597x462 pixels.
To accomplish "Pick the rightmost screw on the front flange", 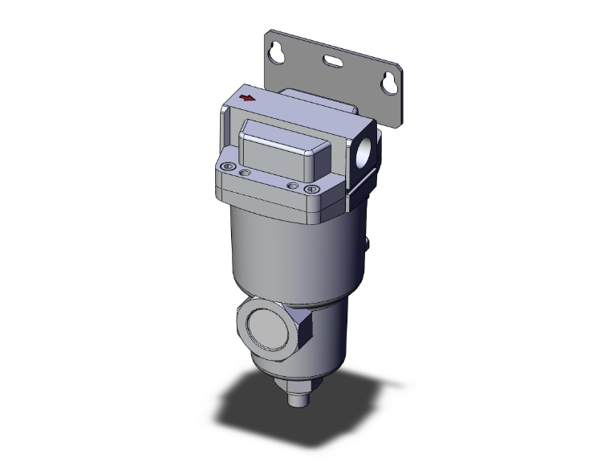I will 314,190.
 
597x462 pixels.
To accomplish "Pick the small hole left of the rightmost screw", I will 292,185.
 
